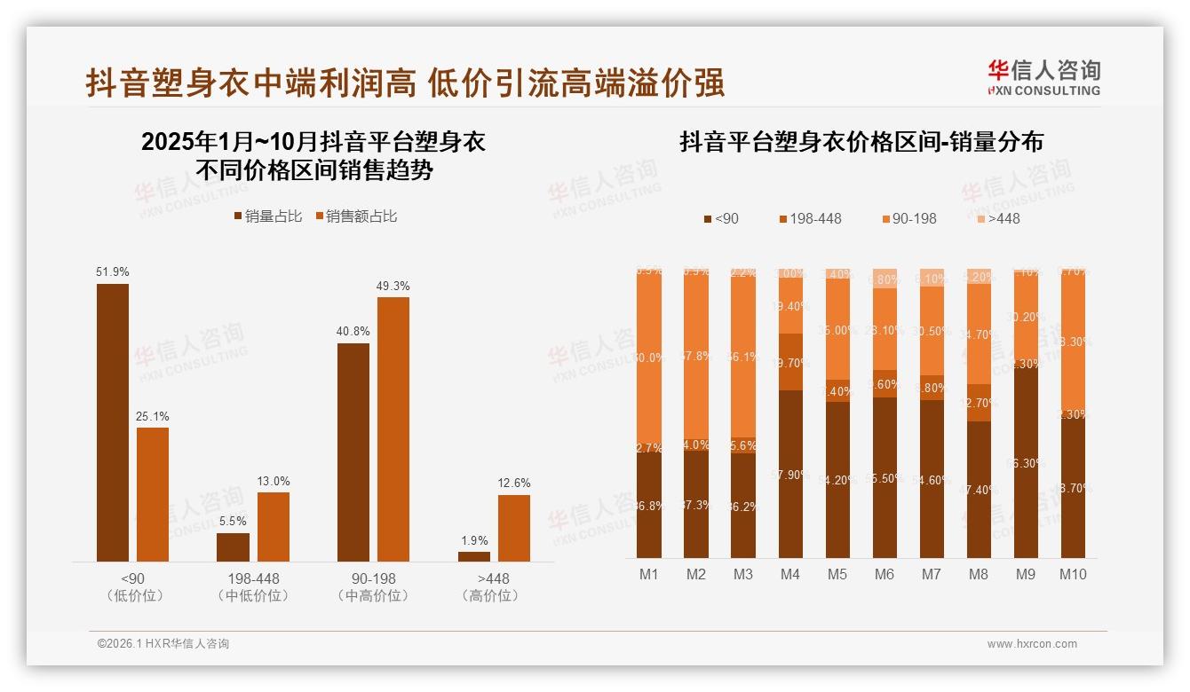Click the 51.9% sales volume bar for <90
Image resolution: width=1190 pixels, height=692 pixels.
pyautogui.click(x=113, y=422)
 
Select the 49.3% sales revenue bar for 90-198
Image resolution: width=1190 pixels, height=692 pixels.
pyautogui.click(x=393, y=429)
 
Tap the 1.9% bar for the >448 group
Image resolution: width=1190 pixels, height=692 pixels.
pyautogui.click(x=474, y=556)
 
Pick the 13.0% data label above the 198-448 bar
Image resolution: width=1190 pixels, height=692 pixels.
pyautogui.click(x=274, y=481)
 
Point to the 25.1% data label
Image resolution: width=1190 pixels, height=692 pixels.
pyautogui.click(x=153, y=416)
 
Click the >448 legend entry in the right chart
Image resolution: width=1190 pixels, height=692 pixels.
pyautogui.click(x=997, y=218)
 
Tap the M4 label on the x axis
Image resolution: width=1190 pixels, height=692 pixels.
pyautogui.click(x=790, y=574)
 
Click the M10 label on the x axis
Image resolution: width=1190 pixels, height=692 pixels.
pyautogui.click(x=1073, y=574)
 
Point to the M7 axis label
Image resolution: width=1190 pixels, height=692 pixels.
pyautogui.click(x=931, y=574)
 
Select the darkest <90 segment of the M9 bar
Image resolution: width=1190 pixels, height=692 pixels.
pyautogui.click(x=1026, y=461)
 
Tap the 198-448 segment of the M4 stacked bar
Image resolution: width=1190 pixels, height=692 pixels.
pyautogui.click(x=790, y=362)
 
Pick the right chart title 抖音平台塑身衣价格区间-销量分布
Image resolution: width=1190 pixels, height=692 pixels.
pyautogui.click(x=861, y=142)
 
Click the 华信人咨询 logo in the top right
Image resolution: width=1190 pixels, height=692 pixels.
pyautogui.click(x=1043, y=77)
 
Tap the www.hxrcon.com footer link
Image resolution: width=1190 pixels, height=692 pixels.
pyautogui.click(x=1032, y=644)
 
